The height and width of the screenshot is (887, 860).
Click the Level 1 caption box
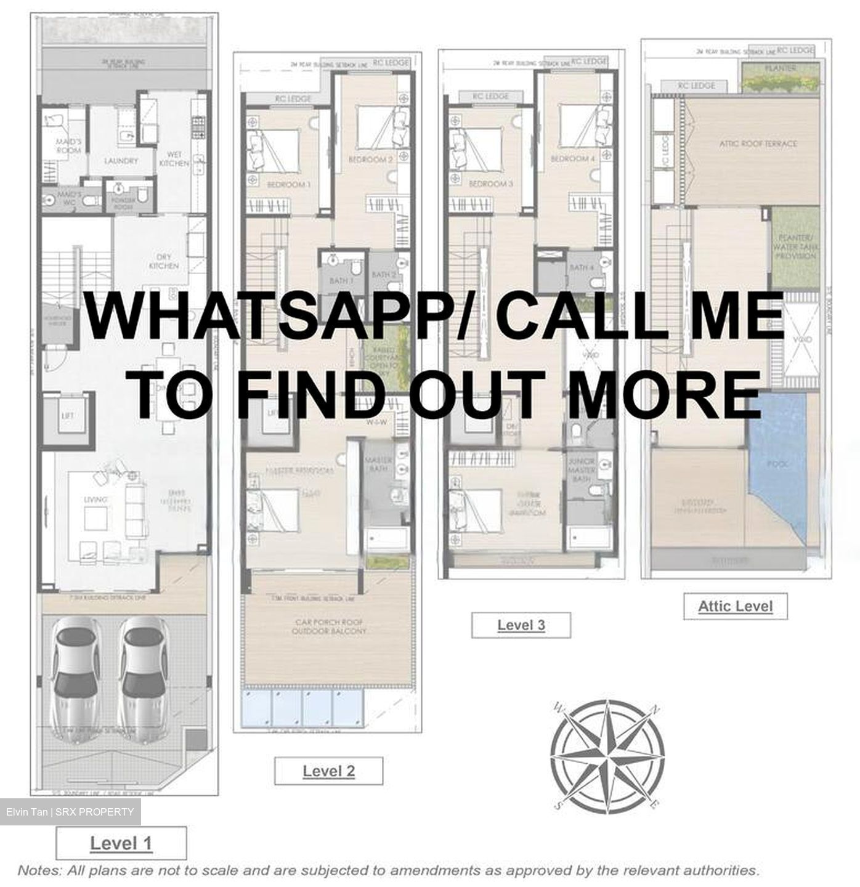(121, 843)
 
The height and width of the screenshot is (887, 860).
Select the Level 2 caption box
(328, 771)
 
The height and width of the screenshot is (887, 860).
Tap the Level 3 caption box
(521, 625)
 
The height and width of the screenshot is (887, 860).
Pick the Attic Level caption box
(735, 606)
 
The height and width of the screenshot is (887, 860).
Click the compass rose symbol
(607, 755)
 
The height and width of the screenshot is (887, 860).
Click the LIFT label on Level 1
(68, 416)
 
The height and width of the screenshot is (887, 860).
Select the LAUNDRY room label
(121, 161)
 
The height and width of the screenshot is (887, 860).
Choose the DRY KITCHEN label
(164, 261)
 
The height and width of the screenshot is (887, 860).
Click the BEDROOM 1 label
(288, 184)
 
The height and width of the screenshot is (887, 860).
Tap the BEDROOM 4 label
(572, 158)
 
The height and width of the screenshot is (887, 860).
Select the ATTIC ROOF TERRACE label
(758, 144)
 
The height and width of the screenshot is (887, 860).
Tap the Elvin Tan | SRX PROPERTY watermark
(70, 812)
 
